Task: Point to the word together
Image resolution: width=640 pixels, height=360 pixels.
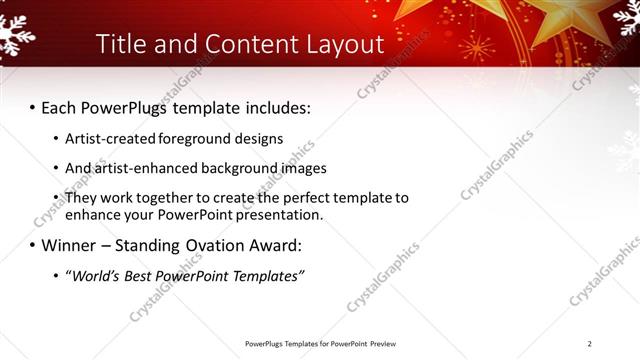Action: click(x=167, y=199)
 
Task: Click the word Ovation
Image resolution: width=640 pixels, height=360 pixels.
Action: click(x=232, y=245)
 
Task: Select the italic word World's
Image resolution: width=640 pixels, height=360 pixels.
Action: click(x=99, y=276)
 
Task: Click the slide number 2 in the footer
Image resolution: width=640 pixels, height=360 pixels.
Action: click(x=589, y=343)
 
